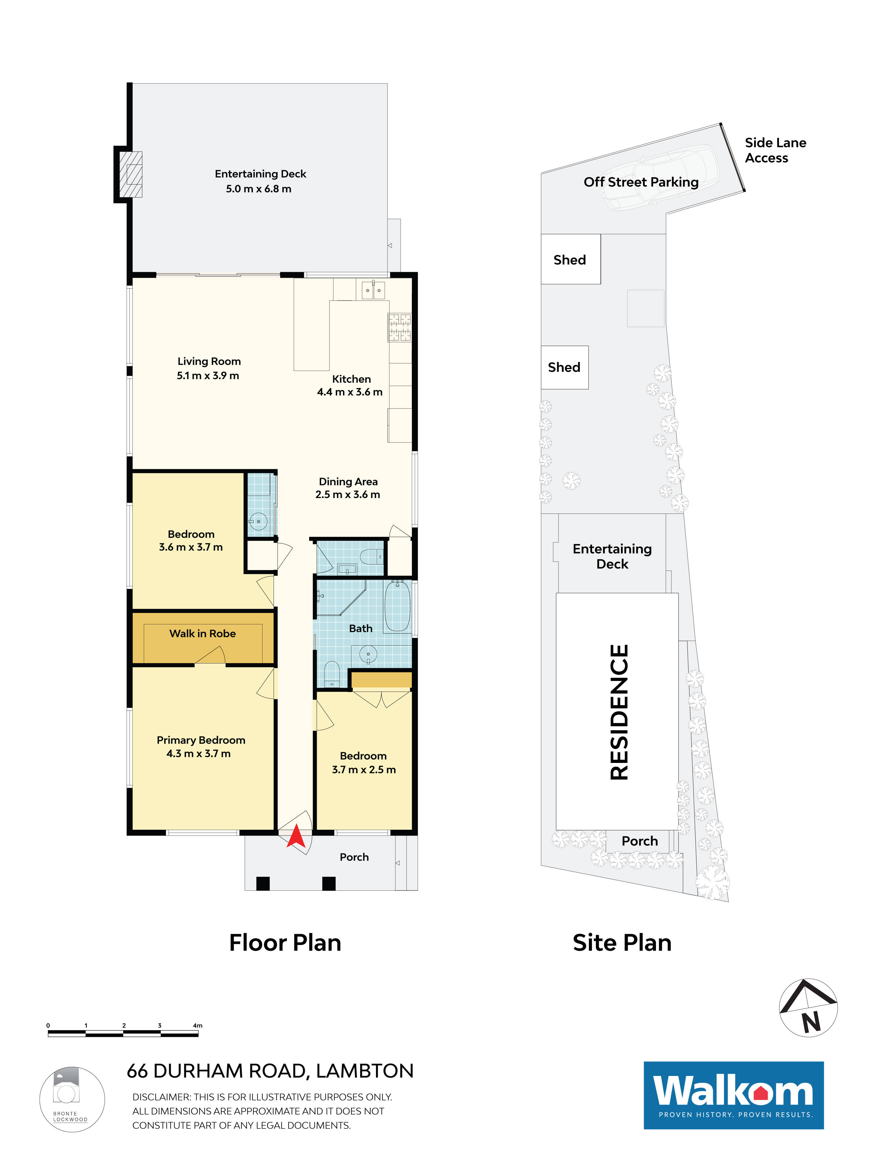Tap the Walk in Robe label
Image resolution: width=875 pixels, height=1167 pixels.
click(202, 634)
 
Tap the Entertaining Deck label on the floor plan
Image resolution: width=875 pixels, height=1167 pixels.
click(260, 174)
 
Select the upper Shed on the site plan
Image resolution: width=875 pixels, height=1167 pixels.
click(570, 260)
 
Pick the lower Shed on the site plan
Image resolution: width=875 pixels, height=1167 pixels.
click(564, 367)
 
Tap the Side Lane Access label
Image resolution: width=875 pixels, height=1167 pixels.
click(774, 150)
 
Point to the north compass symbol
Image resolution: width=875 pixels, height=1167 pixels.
click(808, 1008)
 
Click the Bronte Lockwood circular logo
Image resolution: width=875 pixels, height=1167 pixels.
click(72, 1100)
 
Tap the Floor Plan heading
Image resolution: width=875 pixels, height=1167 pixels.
click(285, 943)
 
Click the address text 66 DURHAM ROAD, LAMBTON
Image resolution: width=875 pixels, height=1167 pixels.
click(270, 1071)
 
